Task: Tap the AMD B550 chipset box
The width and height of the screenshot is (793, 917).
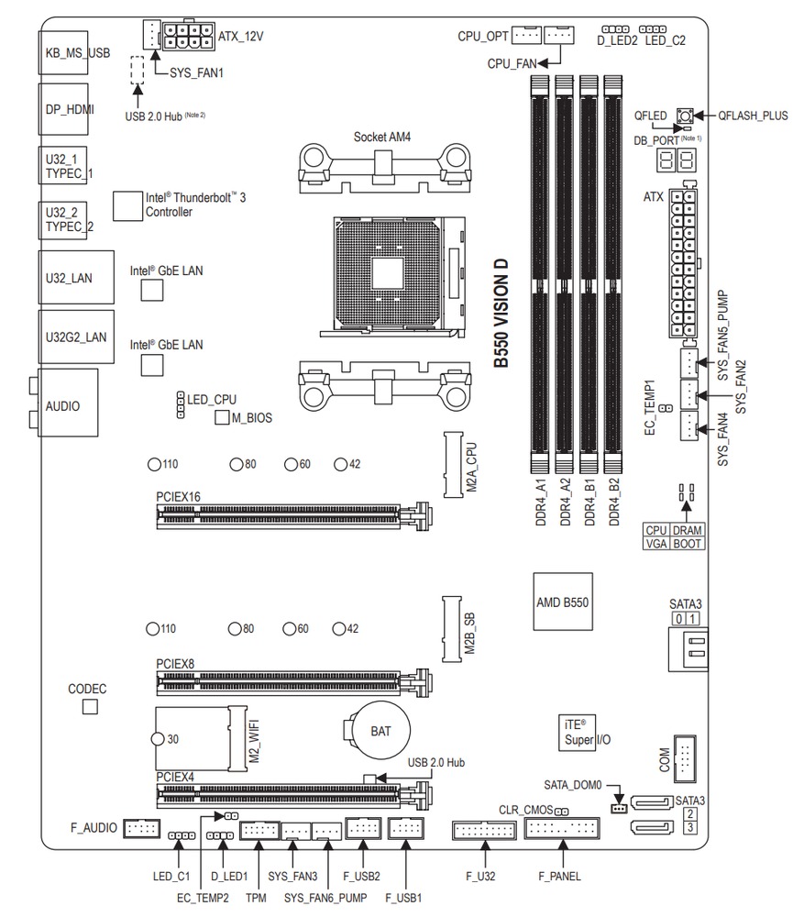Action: point(562,602)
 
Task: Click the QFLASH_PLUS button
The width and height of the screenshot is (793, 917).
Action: point(682,116)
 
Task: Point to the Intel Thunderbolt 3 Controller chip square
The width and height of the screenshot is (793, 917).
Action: point(127,205)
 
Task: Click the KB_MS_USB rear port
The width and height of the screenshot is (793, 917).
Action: point(76,53)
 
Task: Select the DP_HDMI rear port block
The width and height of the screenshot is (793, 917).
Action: point(76,107)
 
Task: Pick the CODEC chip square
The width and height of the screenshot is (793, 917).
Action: point(90,707)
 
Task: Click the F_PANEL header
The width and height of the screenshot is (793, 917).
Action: point(559,831)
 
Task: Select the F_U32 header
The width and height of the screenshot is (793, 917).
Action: point(482,831)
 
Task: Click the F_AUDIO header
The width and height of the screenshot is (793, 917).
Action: point(141,828)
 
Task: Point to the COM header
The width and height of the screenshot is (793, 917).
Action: point(684,757)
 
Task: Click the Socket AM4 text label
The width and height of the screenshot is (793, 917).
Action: point(383,137)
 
